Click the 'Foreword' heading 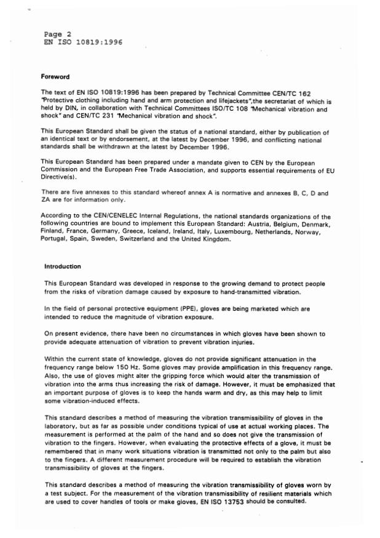55,77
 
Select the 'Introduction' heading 62,267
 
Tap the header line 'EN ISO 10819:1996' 83,42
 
